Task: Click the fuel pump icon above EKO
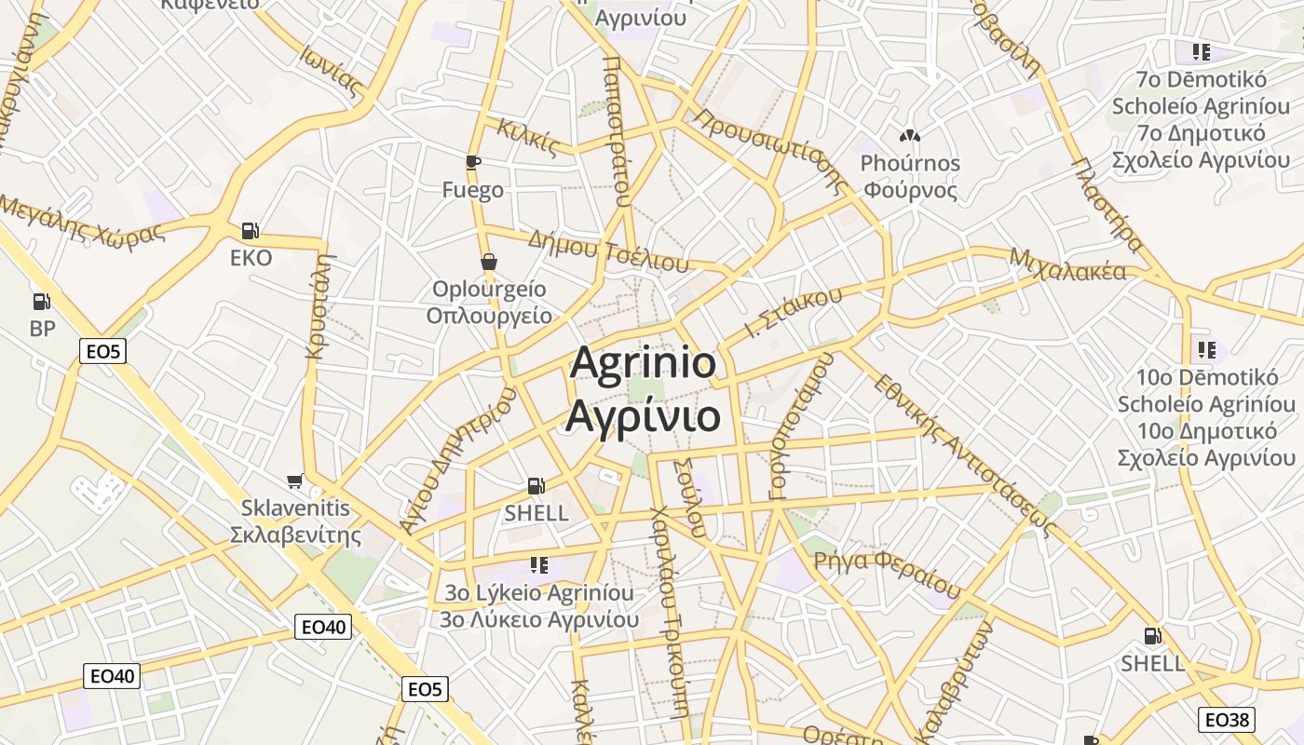(x=250, y=230)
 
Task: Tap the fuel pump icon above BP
(x=42, y=301)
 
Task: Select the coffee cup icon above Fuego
(x=473, y=162)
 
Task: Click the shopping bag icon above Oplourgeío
(x=488, y=262)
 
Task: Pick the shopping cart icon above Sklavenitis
(x=295, y=481)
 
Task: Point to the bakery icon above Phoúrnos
(x=910, y=136)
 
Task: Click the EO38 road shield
(x=1226, y=719)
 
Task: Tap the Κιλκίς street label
(x=528, y=137)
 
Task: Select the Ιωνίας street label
(x=330, y=70)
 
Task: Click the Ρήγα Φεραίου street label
(x=887, y=574)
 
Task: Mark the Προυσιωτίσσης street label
(x=769, y=149)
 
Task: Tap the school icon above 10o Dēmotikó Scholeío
(x=1207, y=350)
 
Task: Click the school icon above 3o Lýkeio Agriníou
(x=538, y=564)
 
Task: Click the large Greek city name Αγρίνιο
(x=643, y=415)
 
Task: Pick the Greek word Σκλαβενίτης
(x=295, y=535)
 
